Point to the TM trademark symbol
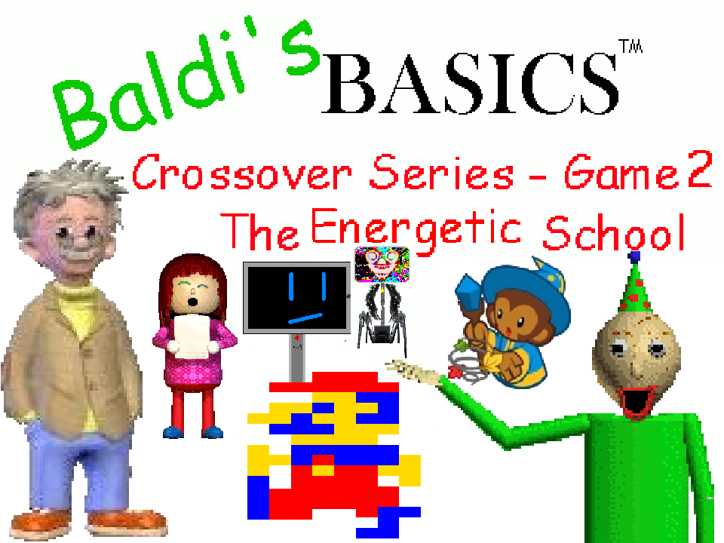point(630,47)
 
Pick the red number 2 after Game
point(697,172)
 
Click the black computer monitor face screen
point(296,298)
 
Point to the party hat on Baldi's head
point(636,290)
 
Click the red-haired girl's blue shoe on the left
point(173,432)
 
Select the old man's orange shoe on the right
point(117,522)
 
